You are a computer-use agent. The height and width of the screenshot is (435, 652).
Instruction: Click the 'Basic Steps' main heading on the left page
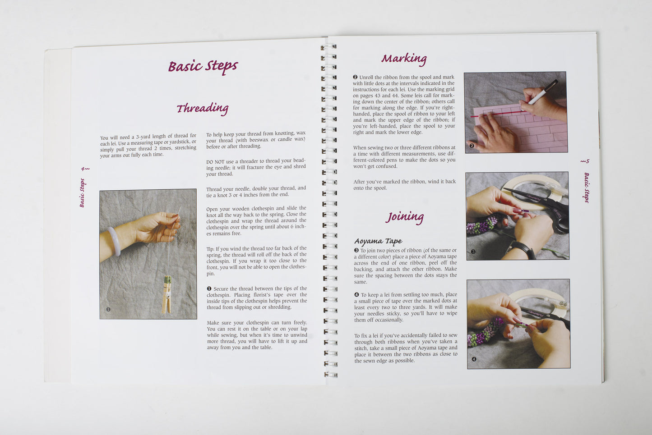point(203,67)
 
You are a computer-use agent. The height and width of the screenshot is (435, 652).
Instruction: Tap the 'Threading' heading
point(203,109)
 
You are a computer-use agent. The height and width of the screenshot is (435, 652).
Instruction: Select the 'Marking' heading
point(404,59)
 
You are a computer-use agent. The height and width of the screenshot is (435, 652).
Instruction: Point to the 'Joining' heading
point(405,217)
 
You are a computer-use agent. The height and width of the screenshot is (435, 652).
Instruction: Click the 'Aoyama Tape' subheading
point(379,241)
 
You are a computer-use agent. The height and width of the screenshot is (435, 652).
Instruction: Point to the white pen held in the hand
point(543,92)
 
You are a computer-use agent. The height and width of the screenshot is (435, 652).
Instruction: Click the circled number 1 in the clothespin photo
point(108,309)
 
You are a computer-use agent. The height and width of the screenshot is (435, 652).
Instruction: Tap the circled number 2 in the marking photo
point(472,146)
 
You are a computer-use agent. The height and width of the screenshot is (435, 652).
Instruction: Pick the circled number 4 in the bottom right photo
point(474,359)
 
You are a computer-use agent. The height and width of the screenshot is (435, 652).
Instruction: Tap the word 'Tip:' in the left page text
point(211,249)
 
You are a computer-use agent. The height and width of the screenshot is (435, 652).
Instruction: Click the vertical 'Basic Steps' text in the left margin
point(83,193)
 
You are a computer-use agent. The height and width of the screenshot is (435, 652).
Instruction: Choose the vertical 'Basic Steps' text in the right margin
point(587,188)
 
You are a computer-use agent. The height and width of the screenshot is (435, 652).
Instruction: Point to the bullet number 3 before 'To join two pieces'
point(356,250)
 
